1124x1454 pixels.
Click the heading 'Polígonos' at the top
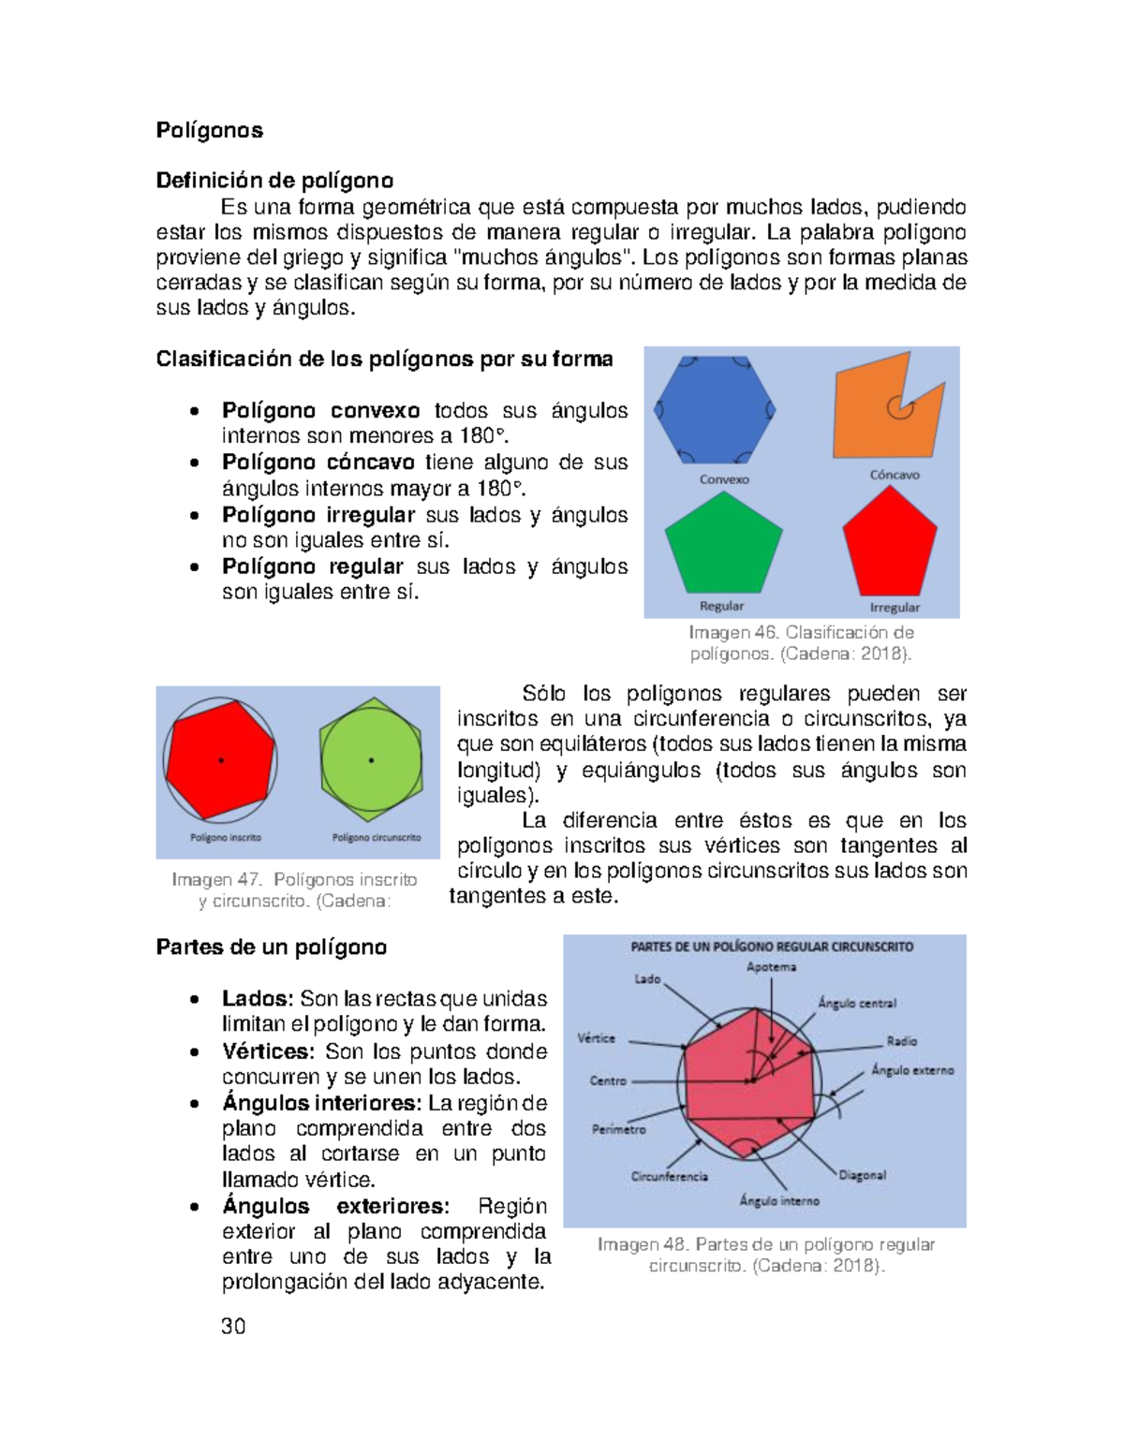click(x=209, y=130)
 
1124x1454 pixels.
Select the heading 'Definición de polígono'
click(x=274, y=180)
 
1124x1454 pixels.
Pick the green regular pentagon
click(x=723, y=545)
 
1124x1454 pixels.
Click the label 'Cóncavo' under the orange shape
click(x=895, y=475)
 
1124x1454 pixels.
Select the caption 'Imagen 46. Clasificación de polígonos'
click(x=801, y=643)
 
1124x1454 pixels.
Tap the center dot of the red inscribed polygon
click(x=221, y=760)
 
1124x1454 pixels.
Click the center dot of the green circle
click(x=372, y=760)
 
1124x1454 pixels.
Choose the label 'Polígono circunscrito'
click(x=377, y=838)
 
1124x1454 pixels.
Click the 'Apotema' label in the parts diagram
click(x=771, y=967)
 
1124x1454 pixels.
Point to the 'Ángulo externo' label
click(x=912, y=1070)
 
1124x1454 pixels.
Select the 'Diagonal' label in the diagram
click(x=862, y=1175)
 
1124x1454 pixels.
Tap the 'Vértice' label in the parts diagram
click(x=596, y=1038)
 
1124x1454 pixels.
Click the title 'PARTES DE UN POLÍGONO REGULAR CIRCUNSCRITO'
click(x=772, y=947)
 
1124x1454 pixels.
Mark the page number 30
click(x=233, y=1326)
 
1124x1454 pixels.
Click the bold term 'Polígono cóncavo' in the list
click(x=318, y=463)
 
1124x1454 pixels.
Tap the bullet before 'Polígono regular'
click(x=193, y=567)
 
